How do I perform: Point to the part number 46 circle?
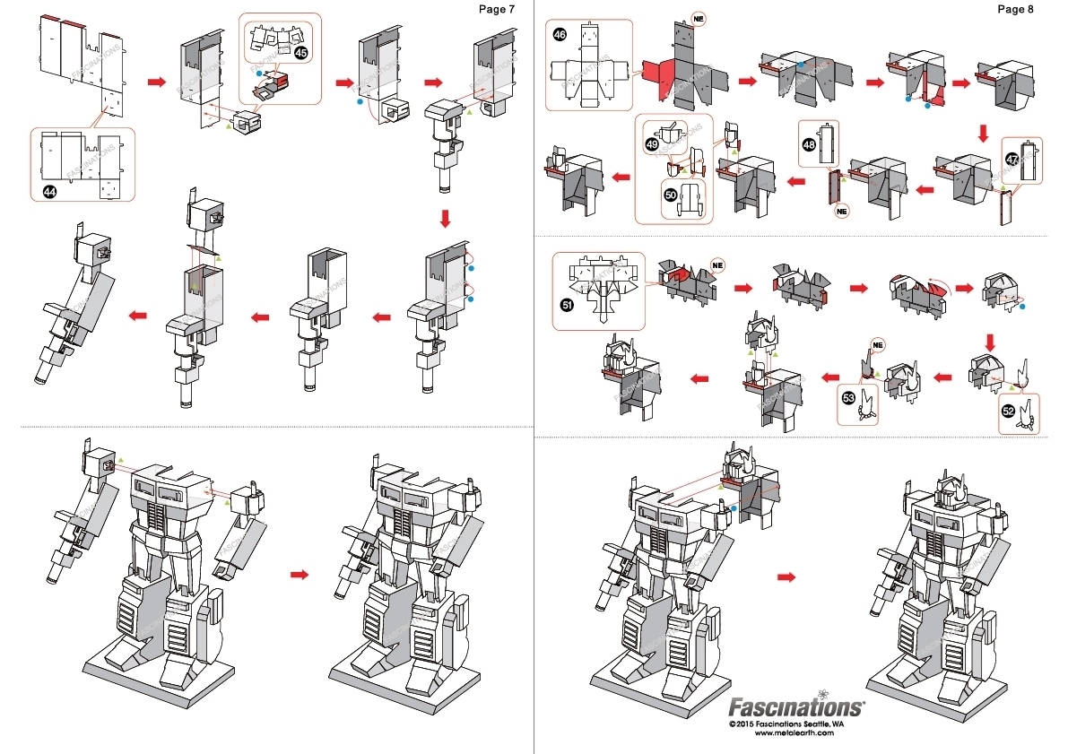tap(560, 35)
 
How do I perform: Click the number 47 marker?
tap(1012, 160)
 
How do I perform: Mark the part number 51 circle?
tap(567, 305)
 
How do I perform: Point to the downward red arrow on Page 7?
tap(446, 218)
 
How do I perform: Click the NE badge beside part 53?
tap(878, 344)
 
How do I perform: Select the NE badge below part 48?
tap(841, 212)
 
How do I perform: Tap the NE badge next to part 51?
tap(716, 264)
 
